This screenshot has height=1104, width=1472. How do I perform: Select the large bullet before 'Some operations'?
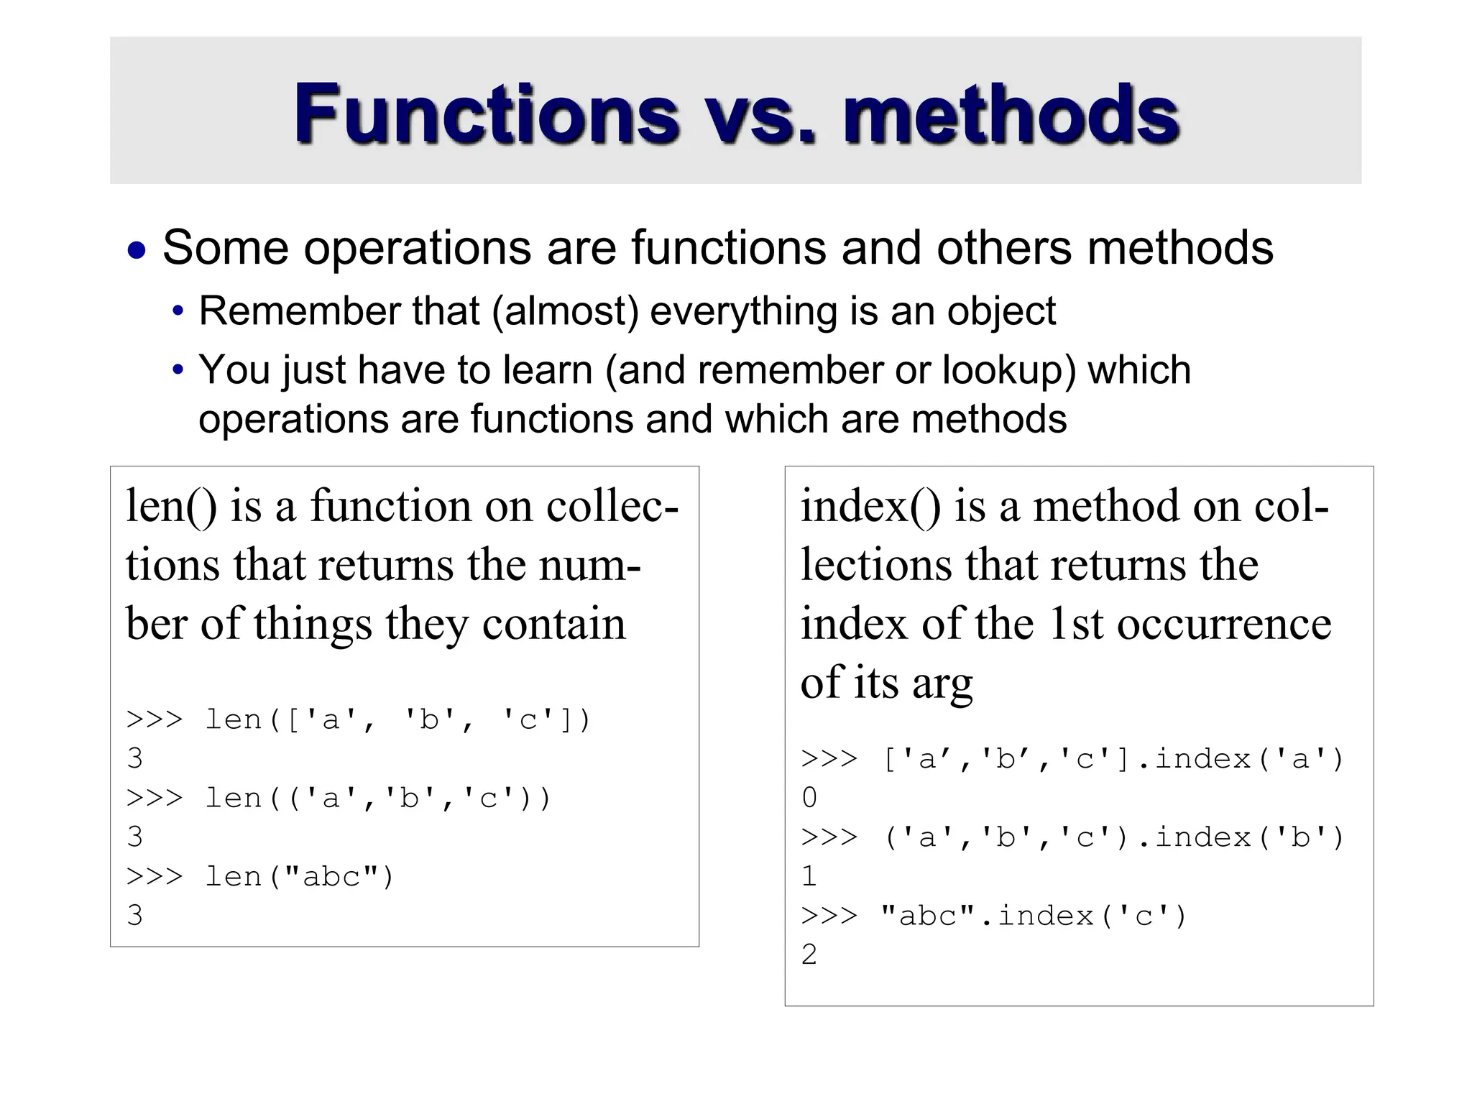[x=137, y=252]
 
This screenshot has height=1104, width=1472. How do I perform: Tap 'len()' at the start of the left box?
[x=171, y=505]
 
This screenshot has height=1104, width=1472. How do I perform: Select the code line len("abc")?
[x=299, y=877]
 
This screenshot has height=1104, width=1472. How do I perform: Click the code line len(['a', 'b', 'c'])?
[x=397, y=719]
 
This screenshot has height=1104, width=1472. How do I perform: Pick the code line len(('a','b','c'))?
[x=377, y=799]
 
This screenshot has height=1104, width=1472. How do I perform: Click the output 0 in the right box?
[x=809, y=798]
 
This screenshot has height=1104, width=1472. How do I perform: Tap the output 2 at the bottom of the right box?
[x=809, y=954]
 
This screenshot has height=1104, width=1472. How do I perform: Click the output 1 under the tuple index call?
[x=809, y=876]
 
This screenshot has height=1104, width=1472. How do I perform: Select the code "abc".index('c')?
[x=1033, y=916]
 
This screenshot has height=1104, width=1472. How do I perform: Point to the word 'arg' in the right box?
[x=942, y=683]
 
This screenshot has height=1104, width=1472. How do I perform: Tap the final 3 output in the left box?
[x=135, y=916]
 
